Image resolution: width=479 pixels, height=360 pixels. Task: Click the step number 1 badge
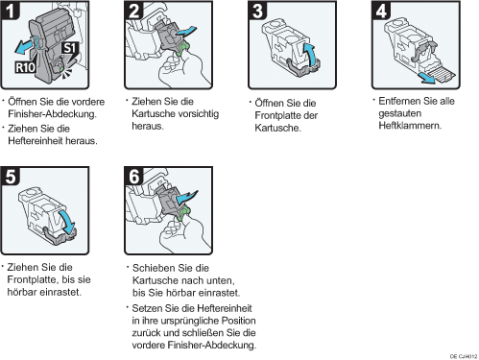pyautogui.click(x=10, y=11)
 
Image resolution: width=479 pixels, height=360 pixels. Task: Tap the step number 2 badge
pyautogui.click(x=133, y=11)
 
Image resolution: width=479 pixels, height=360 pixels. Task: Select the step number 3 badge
pyautogui.click(x=257, y=11)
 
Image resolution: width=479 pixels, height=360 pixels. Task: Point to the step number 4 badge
pyautogui.click(x=381, y=11)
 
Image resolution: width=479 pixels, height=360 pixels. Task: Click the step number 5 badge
pyautogui.click(x=11, y=176)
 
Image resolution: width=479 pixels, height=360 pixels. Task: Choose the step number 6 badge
pyautogui.click(x=133, y=176)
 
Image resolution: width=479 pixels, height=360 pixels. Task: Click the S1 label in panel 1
pyautogui.click(x=70, y=48)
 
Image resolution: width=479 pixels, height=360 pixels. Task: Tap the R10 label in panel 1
pyautogui.click(x=26, y=67)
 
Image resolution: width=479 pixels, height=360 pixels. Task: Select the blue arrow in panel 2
pyautogui.click(x=185, y=32)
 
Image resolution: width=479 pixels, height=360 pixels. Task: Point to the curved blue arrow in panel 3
pyautogui.click(x=309, y=55)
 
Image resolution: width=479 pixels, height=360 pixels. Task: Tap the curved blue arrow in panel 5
pyautogui.click(x=67, y=222)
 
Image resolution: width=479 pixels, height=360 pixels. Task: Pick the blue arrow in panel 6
pyautogui.click(x=186, y=198)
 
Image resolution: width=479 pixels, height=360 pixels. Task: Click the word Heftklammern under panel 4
pyautogui.click(x=410, y=126)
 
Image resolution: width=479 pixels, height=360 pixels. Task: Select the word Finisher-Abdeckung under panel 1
pyautogui.click(x=53, y=114)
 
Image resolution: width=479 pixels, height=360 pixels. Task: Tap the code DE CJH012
pyautogui.click(x=464, y=356)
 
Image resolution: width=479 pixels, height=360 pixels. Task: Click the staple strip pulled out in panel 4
pyautogui.click(x=441, y=76)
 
